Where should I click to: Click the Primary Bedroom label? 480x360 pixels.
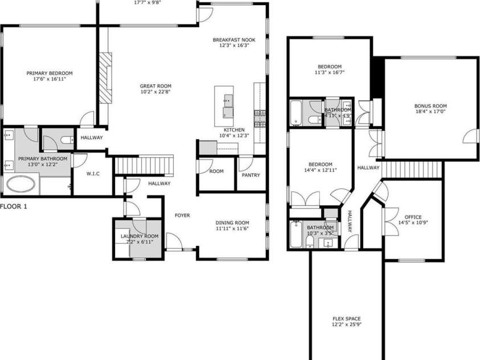(x=50, y=73)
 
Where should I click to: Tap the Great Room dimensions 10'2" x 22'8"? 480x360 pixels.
(x=155, y=92)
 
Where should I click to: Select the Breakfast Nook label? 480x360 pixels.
(x=234, y=40)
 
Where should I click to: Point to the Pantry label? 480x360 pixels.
(x=251, y=175)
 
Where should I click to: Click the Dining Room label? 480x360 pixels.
(x=233, y=223)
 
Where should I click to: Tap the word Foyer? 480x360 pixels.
(x=182, y=215)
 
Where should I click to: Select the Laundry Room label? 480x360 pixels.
(x=139, y=236)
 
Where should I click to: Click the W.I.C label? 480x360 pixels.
(x=93, y=174)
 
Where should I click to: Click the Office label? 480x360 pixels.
(x=413, y=217)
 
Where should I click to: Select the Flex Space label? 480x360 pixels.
(x=346, y=319)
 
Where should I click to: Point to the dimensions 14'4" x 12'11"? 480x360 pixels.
(x=321, y=170)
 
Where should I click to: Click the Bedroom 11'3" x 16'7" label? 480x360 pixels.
(x=329, y=66)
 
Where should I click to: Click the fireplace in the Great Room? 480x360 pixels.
(x=106, y=78)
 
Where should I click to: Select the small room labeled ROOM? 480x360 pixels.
(x=216, y=171)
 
